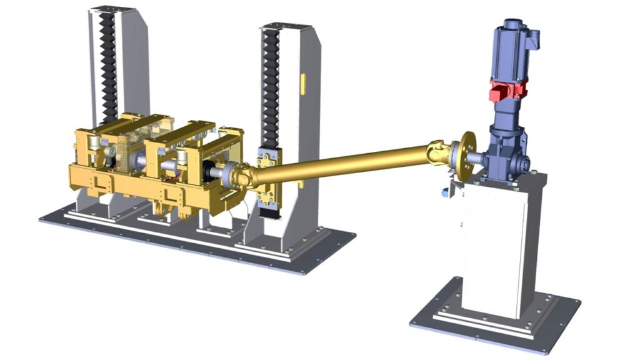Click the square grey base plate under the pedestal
click(494, 322)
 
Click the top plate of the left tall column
click(112, 9)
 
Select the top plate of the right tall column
click(286, 27)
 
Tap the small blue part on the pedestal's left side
click(445, 192)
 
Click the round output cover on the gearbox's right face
click(526, 164)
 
